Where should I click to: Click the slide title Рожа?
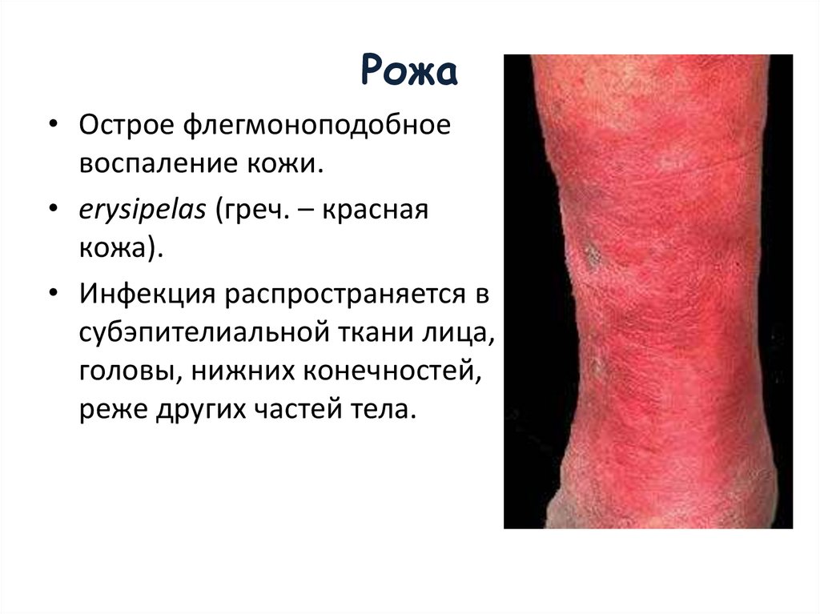(409, 71)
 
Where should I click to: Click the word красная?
(380, 211)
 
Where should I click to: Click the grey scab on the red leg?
(593, 255)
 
